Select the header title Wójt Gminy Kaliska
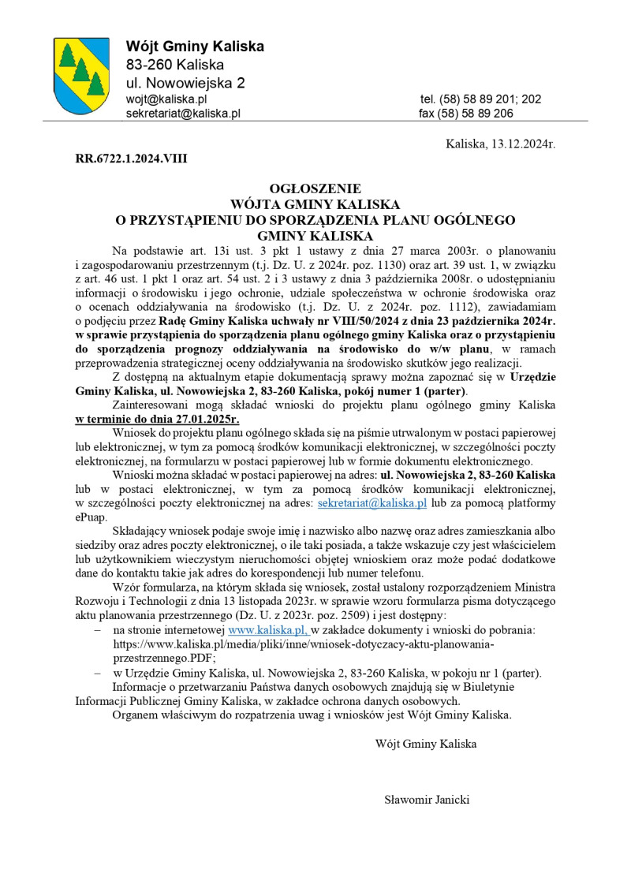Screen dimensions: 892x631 (x=195, y=47)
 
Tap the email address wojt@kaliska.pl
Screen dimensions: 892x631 (x=166, y=99)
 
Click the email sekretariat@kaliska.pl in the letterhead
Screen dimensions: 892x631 (x=183, y=114)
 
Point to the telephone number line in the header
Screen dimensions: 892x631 (x=480, y=99)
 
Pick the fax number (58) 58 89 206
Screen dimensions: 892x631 (x=466, y=114)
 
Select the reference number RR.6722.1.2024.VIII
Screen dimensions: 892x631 (x=132, y=158)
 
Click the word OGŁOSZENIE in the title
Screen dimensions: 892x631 (x=315, y=189)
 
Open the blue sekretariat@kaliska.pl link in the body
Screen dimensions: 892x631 (x=372, y=502)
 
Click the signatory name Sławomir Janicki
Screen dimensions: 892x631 (x=427, y=800)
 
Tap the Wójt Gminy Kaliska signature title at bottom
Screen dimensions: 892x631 (x=426, y=743)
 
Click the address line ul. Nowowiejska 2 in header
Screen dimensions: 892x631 (x=185, y=82)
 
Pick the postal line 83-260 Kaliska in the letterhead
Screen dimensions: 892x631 (x=175, y=65)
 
